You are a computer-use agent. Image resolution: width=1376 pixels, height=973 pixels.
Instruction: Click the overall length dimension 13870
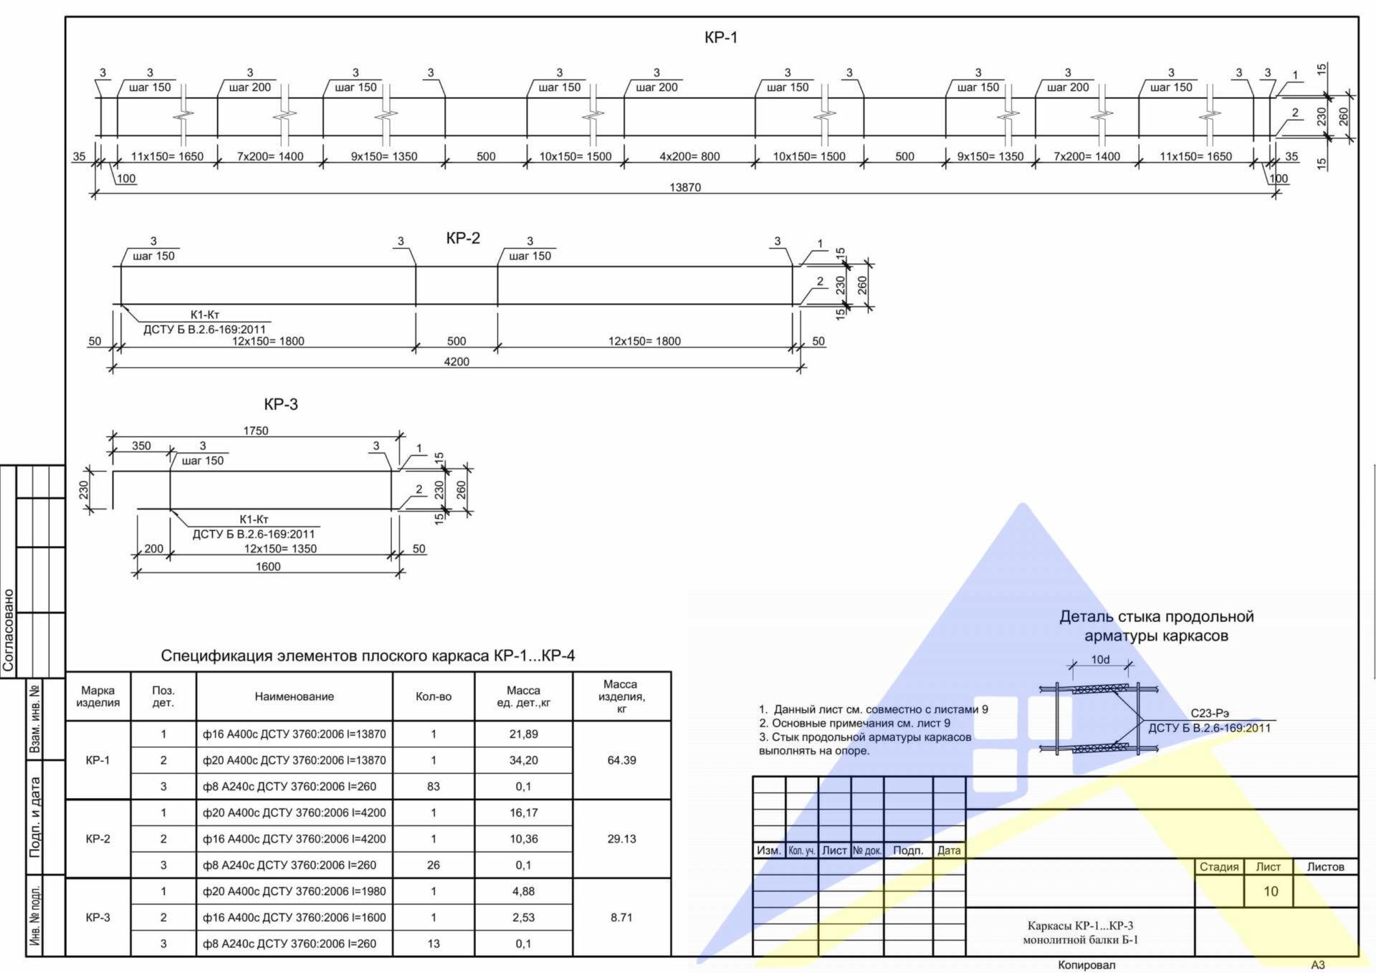pos(685,187)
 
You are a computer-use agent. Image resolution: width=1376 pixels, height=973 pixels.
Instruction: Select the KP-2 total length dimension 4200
pos(457,362)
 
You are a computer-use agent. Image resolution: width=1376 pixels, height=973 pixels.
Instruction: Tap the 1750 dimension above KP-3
pos(256,431)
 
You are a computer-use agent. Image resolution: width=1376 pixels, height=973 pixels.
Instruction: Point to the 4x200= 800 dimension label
pos(689,156)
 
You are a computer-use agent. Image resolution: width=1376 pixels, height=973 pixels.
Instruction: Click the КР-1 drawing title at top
pos(721,37)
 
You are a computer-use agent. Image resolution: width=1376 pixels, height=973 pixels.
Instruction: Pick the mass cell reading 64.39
pos(621,760)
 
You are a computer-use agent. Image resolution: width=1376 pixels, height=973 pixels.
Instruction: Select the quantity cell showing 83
pos(434,786)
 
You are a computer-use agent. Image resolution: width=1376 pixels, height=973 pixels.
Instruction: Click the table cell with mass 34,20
pos(524,760)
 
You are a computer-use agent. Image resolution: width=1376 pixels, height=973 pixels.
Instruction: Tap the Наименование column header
pos(295,696)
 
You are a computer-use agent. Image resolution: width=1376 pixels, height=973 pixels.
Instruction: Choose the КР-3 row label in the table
pos(98,917)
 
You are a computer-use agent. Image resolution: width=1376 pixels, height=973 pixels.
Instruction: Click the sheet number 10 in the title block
pos(1271,891)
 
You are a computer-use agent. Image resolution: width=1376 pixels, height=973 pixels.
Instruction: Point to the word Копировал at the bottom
pos(1086,965)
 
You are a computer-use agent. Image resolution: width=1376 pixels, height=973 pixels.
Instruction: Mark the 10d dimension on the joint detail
pos(1101,659)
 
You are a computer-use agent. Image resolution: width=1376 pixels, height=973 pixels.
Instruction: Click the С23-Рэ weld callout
pos(1210,713)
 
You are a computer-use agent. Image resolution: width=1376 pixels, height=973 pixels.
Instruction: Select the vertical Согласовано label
pos(9,631)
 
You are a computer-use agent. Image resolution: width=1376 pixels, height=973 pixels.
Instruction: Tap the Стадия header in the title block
pos(1219,867)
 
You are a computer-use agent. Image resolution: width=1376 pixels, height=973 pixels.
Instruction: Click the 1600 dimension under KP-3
pos(268,567)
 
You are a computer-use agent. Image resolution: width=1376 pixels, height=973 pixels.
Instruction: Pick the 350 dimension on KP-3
pos(141,446)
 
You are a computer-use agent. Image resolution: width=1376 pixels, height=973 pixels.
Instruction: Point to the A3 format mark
pos(1318,965)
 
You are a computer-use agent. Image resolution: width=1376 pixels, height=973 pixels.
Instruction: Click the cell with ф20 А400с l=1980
pos(294,891)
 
